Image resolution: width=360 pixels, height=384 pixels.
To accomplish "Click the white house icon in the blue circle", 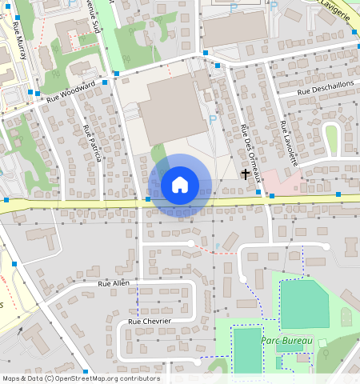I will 180,185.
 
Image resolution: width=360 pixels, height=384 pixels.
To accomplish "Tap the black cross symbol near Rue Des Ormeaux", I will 246,173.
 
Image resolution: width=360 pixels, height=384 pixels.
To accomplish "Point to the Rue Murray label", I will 19,39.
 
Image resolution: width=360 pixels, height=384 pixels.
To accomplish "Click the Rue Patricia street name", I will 91,143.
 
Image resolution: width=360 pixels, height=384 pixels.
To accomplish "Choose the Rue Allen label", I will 114,283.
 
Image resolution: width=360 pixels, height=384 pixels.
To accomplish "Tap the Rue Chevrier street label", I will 150,321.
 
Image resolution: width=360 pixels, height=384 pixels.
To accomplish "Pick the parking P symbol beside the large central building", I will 212,119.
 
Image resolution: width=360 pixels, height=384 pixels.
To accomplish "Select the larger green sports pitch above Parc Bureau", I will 304,304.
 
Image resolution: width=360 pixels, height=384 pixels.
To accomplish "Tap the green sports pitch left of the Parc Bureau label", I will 247,350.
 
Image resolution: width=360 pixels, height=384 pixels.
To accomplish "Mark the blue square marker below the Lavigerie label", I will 354,31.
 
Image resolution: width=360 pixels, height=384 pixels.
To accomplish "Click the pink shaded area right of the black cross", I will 280,180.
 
